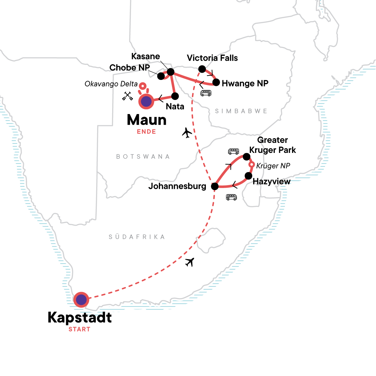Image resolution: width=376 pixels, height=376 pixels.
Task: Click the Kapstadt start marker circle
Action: point(81,300)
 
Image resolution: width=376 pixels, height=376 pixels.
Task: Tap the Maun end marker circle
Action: point(146,102)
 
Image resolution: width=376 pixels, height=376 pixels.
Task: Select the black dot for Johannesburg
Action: point(215,186)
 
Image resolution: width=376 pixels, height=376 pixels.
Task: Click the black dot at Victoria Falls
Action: point(202,69)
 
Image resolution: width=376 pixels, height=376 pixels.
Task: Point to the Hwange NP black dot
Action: point(216,82)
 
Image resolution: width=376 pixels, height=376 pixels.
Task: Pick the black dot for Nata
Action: point(175,96)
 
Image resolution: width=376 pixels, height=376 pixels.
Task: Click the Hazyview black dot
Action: point(248,176)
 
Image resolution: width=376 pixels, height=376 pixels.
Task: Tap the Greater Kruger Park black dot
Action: point(247,156)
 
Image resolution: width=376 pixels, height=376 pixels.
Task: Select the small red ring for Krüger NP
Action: point(252,165)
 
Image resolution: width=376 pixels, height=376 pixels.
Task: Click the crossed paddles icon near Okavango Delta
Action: point(128,96)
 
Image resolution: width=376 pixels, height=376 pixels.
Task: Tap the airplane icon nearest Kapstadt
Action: point(190,262)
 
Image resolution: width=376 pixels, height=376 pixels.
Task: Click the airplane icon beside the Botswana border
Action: point(187,133)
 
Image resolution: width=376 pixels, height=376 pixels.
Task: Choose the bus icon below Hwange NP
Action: point(206,93)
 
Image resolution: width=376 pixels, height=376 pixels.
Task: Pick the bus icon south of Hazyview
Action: point(232,197)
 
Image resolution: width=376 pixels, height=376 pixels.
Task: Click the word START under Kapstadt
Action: point(79,329)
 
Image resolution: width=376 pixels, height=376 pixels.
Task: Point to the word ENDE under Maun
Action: point(146,132)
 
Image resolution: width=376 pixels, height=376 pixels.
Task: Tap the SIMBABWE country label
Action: point(241,111)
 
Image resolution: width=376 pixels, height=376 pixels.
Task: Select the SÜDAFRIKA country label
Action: point(137,237)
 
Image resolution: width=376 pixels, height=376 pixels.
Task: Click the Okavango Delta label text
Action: point(111,84)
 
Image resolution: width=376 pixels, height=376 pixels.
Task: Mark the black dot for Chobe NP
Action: point(161,76)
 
